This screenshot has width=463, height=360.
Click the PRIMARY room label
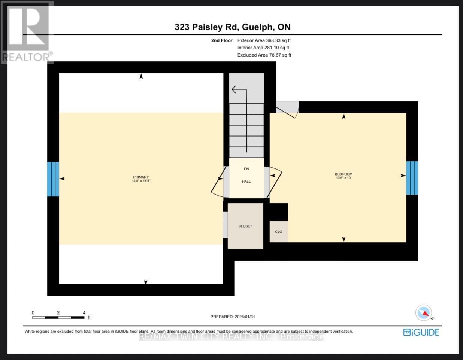(141, 177)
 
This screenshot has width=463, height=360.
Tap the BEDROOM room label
(344, 174)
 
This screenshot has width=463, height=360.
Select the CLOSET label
(245, 226)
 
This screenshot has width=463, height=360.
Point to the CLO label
(278, 232)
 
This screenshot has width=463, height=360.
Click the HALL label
(246, 181)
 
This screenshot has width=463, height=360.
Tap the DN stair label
(246, 169)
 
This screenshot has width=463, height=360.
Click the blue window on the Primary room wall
(53, 179)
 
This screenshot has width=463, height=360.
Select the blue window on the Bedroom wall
(412, 178)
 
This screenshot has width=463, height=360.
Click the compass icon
(424, 312)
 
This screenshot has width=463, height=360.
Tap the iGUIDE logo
(421, 332)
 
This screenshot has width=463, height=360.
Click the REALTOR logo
(27, 32)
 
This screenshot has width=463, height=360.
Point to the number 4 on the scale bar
(84, 312)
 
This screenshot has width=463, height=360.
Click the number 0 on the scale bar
(33, 312)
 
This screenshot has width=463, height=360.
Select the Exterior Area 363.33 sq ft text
(264, 40)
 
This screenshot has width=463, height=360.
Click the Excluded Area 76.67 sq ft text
(264, 55)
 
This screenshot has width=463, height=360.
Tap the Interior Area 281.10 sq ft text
(263, 48)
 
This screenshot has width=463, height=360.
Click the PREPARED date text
(233, 317)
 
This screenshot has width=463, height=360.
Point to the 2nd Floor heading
(222, 40)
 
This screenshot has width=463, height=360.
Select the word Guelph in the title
(257, 27)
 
